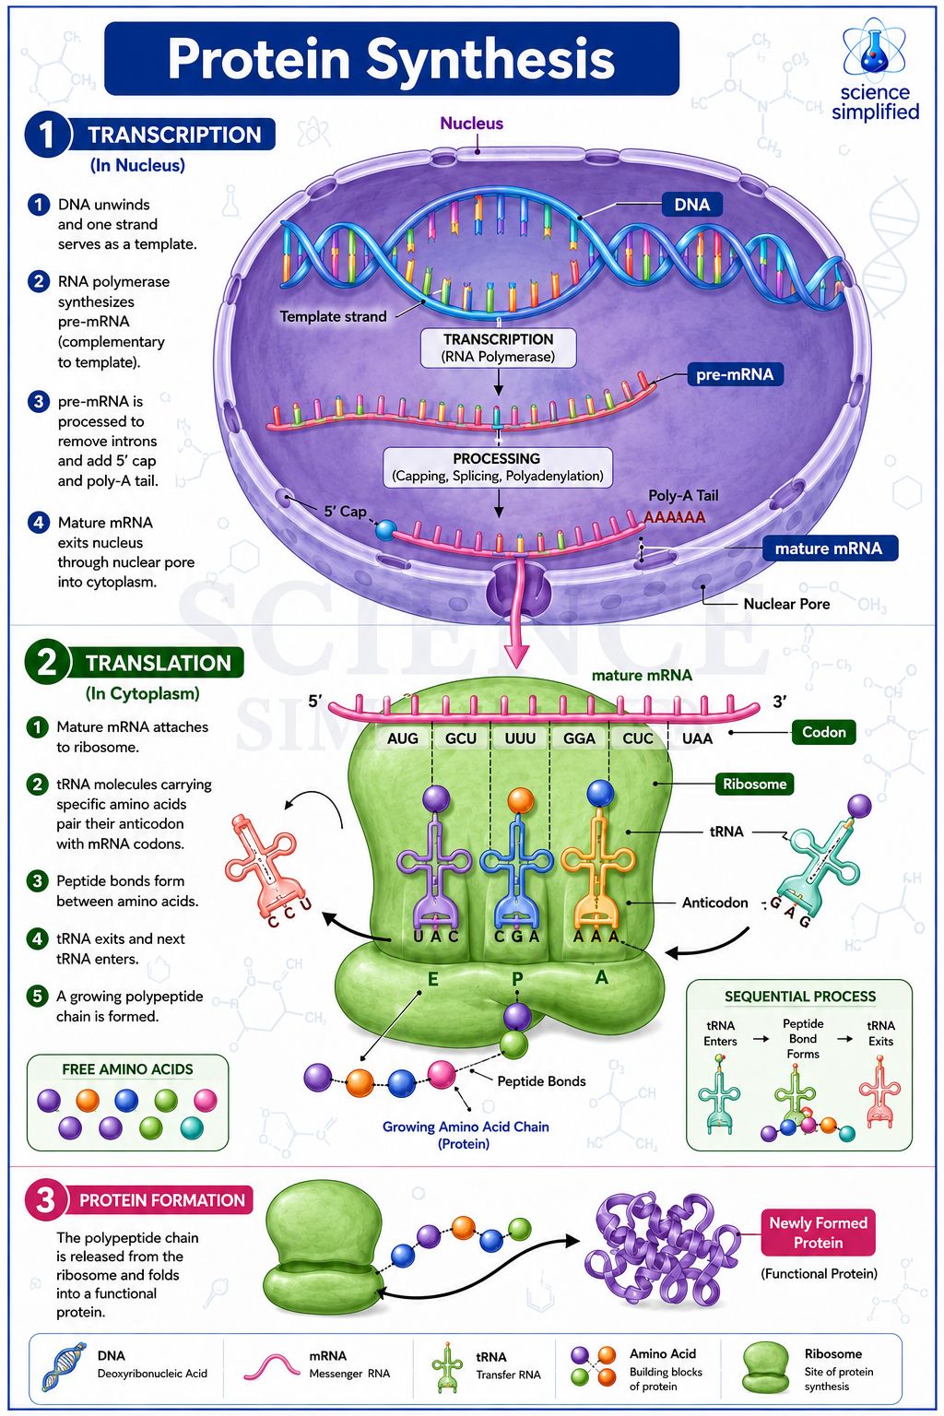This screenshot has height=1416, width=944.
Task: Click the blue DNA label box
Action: click(691, 204)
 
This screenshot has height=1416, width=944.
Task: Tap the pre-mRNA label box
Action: click(735, 374)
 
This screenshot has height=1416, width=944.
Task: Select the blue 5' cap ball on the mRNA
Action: click(385, 530)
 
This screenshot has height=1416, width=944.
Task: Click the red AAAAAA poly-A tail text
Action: click(675, 518)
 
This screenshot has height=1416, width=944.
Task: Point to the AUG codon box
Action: click(403, 737)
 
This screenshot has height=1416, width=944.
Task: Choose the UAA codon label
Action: click(697, 737)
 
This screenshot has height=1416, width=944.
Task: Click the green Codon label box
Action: click(824, 732)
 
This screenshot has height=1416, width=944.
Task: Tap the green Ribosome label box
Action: click(754, 784)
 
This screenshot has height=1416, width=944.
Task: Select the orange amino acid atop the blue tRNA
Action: click(520, 800)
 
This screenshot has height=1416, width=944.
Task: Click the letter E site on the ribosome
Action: click(433, 979)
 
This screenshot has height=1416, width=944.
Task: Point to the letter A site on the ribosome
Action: click(601, 977)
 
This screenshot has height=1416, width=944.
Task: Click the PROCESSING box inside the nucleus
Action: click(498, 467)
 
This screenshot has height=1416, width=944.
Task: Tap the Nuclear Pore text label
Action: click(786, 604)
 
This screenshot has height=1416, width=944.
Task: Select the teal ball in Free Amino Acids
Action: click(192, 1127)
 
